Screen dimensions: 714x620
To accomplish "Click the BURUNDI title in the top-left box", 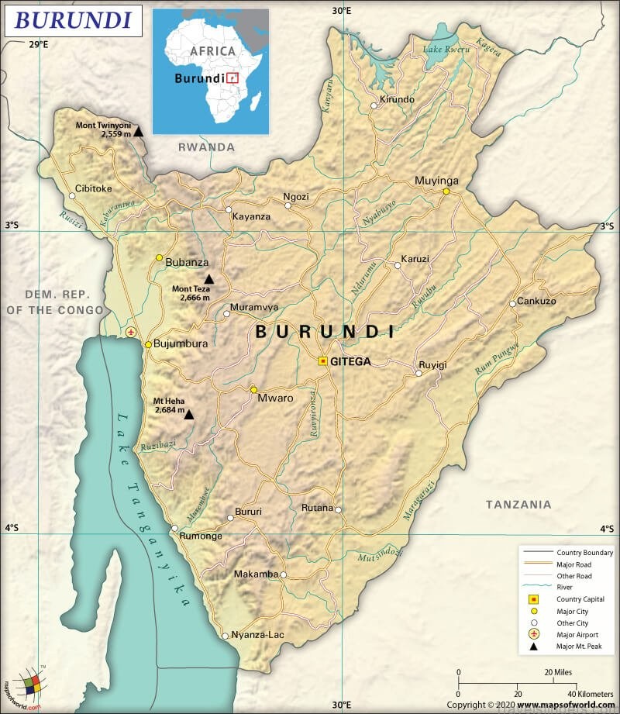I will click(74, 20).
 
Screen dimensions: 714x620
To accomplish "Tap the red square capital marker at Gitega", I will click(323, 361).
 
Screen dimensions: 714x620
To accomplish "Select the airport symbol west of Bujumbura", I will click(131, 332).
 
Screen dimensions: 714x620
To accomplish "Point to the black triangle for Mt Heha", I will click(188, 415).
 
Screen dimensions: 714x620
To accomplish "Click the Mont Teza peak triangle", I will click(208, 279).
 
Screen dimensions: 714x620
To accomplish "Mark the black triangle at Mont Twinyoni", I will click(138, 132).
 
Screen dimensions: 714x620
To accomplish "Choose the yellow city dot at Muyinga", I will click(446, 191).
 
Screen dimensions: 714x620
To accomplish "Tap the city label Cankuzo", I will click(536, 301).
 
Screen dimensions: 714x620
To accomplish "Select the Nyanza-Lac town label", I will click(258, 635).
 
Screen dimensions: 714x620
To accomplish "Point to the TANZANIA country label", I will click(518, 505).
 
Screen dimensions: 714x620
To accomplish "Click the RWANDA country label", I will click(206, 147).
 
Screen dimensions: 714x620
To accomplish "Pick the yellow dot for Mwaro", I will click(253, 389).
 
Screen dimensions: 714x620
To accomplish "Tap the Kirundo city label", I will click(397, 100).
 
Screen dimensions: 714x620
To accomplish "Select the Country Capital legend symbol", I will click(533, 599).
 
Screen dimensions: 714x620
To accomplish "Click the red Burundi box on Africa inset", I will click(232, 78).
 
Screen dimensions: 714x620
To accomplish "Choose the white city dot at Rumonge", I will click(174, 528).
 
